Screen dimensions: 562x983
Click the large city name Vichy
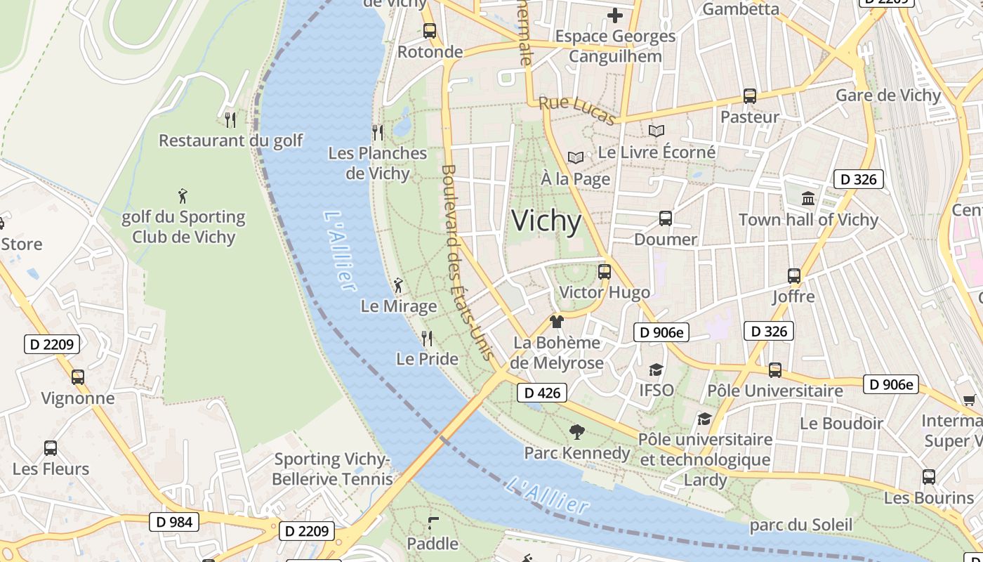[x=546, y=221]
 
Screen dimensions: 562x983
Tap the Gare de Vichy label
[x=888, y=96]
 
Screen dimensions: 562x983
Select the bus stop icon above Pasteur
[x=750, y=96]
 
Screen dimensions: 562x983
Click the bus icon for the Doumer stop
[x=666, y=218]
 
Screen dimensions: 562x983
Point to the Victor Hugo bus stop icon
[x=605, y=272]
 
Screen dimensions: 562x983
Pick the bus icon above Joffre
[x=794, y=276]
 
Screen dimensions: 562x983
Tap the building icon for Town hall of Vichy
[x=808, y=199]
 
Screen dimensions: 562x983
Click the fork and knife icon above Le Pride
[x=427, y=339]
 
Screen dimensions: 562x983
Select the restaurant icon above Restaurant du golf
[x=230, y=119]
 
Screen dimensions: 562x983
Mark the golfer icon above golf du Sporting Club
[x=183, y=196]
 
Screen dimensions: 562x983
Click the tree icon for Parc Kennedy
[x=577, y=432]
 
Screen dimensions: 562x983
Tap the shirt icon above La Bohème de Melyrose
[x=557, y=322]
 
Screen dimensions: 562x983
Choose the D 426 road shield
[x=542, y=393]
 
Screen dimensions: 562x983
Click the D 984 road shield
[x=174, y=522]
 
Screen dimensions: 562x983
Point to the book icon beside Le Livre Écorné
[x=657, y=131]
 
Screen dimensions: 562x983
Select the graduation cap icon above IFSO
[x=656, y=370]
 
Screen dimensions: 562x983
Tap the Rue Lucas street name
[x=576, y=111]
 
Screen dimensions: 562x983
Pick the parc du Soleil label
[x=800, y=525]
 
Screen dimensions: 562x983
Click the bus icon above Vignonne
[x=78, y=377]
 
